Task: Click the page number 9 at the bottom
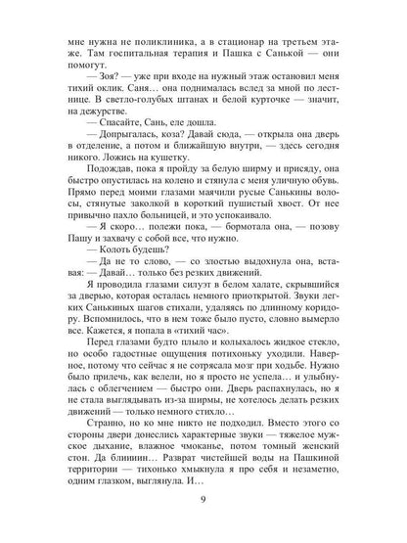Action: coord(203,506)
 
